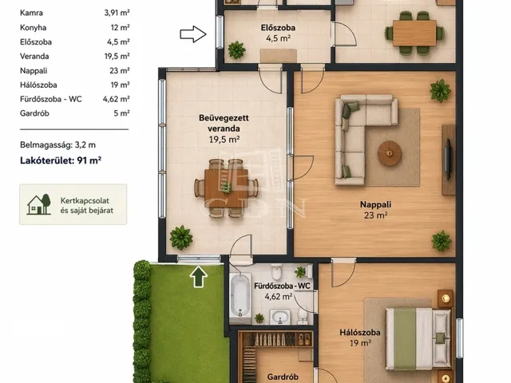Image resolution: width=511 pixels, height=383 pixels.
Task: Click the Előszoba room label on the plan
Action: [x=278, y=28]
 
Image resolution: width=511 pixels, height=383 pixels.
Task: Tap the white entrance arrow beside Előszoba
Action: [x=193, y=34]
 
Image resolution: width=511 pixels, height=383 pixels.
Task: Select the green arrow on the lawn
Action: [x=199, y=277]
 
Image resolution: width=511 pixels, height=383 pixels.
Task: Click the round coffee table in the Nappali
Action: [x=390, y=153]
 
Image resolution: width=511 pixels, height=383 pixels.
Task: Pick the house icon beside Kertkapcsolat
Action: [x=39, y=204]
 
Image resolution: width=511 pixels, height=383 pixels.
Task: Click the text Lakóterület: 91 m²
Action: [x=61, y=160]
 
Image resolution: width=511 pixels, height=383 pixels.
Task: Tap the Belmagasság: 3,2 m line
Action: [x=57, y=145]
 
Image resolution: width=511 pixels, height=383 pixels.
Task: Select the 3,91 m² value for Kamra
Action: [x=117, y=13]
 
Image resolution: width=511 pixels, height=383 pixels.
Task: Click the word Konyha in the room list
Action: [x=33, y=28]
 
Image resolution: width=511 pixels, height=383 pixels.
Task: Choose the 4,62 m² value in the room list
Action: [x=117, y=99]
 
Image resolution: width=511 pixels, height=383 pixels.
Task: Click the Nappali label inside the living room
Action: [x=375, y=204]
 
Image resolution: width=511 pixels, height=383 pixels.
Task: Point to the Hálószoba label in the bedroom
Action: [x=360, y=333]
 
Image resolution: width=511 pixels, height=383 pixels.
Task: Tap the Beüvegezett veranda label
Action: [x=224, y=123]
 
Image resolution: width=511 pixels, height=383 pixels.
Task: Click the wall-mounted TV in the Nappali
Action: [x=449, y=160]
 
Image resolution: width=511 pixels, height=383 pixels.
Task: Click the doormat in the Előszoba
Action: [x=279, y=56]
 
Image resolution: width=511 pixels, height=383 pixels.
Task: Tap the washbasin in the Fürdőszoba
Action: [x=280, y=317]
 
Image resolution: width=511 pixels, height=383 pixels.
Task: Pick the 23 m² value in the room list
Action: [x=120, y=71]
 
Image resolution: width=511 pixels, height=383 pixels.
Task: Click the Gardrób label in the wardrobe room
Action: [x=283, y=377]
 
